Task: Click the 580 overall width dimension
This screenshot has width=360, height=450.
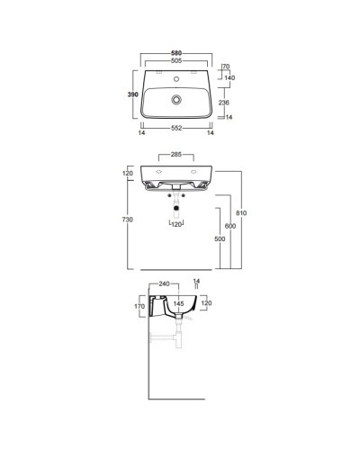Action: (176, 55)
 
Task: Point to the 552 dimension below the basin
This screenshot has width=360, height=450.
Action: (176, 130)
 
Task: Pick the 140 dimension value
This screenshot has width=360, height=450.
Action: (229, 79)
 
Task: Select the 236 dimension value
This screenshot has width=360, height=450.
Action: (229, 103)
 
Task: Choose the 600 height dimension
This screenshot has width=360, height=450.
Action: (230, 227)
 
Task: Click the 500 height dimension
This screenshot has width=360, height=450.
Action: (219, 240)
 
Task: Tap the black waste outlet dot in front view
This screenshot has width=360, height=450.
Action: (176, 209)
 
